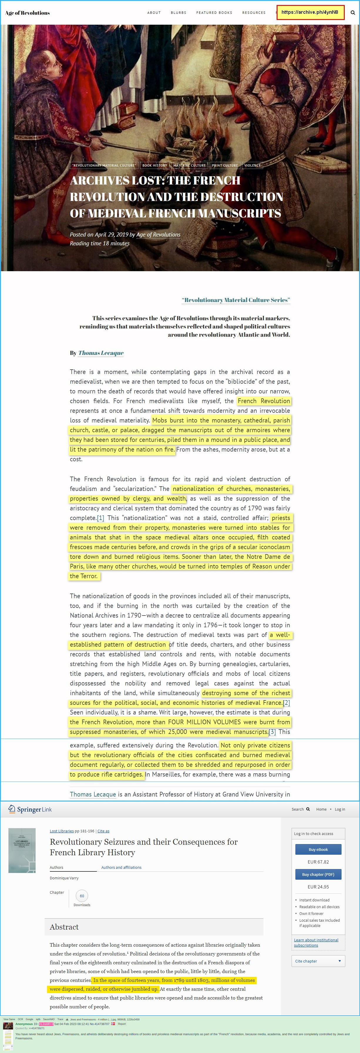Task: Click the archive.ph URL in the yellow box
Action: (x=310, y=12)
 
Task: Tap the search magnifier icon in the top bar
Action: (x=353, y=13)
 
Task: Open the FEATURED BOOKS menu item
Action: (x=214, y=13)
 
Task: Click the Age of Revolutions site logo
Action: (x=27, y=13)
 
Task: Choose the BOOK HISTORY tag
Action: (x=154, y=165)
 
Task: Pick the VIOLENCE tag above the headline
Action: (x=252, y=165)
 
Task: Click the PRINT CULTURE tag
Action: (x=225, y=165)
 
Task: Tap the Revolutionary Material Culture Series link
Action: (x=236, y=300)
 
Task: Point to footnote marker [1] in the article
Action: (x=100, y=518)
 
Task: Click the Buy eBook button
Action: (x=318, y=849)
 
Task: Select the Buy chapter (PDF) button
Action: (x=318, y=874)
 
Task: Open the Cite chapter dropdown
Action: (x=318, y=961)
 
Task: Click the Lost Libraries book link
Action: (x=62, y=831)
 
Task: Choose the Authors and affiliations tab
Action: (x=121, y=867)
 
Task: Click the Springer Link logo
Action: (x=30, y=809)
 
